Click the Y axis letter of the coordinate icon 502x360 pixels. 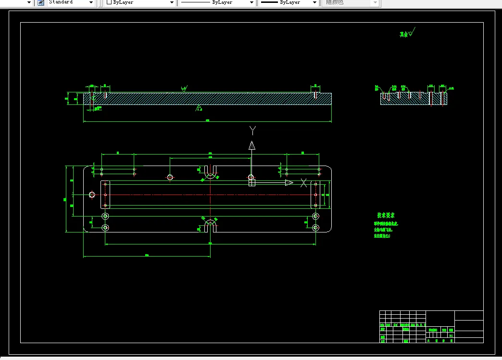pos(252,130)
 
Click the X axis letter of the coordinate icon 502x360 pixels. pos(303,182)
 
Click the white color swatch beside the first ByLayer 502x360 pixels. pos(109,2)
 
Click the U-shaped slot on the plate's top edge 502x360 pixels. pos(210,172)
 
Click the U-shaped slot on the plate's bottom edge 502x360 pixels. pos(210,225)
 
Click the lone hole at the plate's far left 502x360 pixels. pos(92,194)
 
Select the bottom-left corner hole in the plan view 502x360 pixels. pos(105,227)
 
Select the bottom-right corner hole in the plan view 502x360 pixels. pos(315,227)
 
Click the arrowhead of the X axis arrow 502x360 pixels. pos(289,182)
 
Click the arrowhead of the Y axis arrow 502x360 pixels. pos(251,146)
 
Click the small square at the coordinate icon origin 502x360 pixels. pos(251,182)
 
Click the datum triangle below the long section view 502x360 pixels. pos(199,107)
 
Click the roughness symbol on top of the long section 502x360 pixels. pos(184,89)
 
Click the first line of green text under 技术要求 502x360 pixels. pos(386,224)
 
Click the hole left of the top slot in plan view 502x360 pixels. pos(170,177)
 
